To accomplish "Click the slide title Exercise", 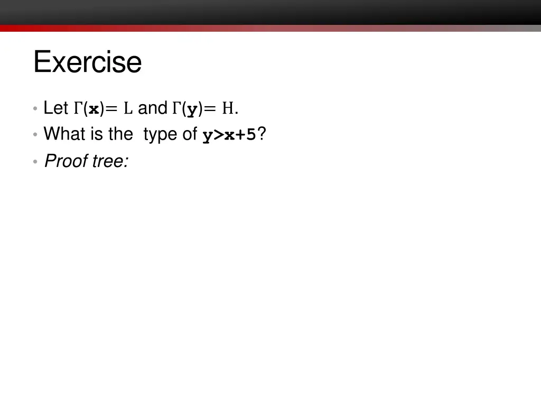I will [x=87, y=62].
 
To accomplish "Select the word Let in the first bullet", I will [x=55, y=108].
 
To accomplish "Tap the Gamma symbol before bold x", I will [x=78, y=108].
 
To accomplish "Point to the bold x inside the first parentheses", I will [x=94, y=109].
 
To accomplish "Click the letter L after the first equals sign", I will [x=127, y=109].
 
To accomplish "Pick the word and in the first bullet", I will [x=152, y=108].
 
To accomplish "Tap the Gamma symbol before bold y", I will [x=177, y=108].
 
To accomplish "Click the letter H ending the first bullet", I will [x=228, y=109].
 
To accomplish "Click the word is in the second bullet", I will [x=96, y=134].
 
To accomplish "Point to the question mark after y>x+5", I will [x=262, y=134].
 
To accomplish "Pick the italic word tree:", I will [x=110, y=161].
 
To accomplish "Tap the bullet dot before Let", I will [x=35, y=109].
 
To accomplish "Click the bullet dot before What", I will [x=35, y=135].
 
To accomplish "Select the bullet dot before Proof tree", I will [x=35, y=162].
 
